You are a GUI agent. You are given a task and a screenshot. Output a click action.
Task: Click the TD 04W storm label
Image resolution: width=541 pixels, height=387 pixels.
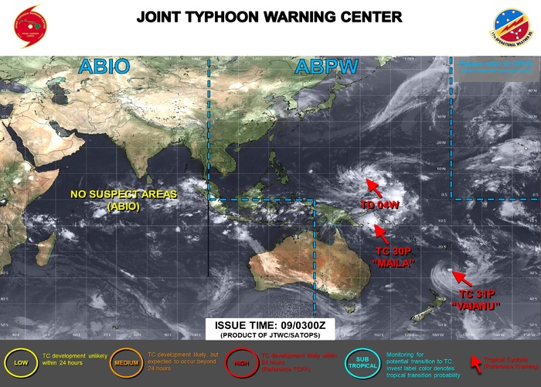[x=379, y=205]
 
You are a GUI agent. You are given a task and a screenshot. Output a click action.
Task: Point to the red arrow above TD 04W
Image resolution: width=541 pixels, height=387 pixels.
[x=373, y=187]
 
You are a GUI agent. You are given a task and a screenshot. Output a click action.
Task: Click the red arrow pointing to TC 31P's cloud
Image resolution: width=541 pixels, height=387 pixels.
[x=459, y=276]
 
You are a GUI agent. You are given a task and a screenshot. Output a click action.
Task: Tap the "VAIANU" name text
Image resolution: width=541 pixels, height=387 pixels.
[x=477, y=306]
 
